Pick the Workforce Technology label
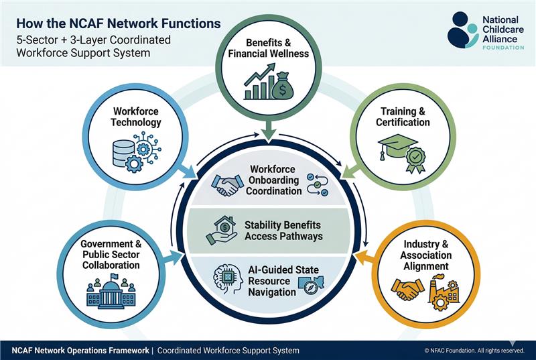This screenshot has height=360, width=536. click(137, 117)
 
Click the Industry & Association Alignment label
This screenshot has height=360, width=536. click(425, 255)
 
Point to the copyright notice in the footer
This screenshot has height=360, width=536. click(474, 351)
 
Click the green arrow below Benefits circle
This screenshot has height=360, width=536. click(268, 131)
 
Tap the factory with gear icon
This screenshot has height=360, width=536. click(444, 292)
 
